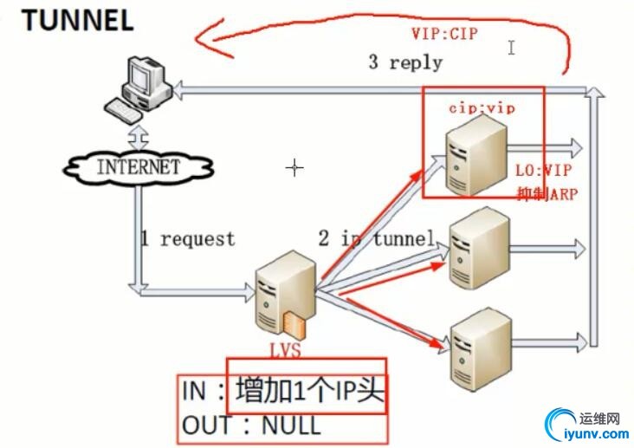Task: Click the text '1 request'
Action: [187, 238]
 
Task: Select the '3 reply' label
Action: [404, 62]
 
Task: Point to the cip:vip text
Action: [481, 107]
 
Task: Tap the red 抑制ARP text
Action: [546, 192]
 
